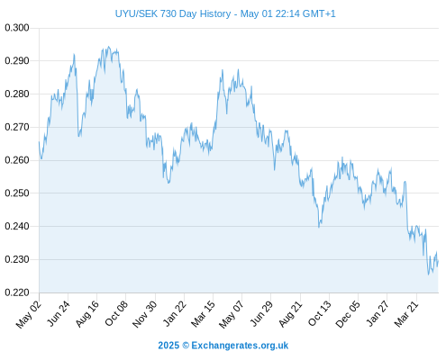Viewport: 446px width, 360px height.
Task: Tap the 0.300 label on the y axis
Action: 17,28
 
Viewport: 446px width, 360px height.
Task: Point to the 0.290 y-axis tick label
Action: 17,61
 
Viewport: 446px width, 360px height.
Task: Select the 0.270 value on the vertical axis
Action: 17,127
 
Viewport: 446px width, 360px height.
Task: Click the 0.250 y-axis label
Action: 17,193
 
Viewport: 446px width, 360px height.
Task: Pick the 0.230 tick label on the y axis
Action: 17,259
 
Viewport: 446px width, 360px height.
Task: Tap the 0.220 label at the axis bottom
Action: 17,292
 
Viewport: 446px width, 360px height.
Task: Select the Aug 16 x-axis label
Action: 86,313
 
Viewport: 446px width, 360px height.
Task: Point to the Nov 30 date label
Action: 144,314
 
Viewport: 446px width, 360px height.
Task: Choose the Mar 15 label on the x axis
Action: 203,313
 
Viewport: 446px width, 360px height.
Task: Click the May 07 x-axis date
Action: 232,314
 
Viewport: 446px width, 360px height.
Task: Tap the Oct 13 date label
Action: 320,313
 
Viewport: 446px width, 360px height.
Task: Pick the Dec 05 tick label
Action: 348,314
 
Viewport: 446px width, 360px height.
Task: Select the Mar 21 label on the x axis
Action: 406,313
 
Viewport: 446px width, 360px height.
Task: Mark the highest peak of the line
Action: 109,47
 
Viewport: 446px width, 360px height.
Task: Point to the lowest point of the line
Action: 429,274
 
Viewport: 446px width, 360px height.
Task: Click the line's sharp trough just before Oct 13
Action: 319,227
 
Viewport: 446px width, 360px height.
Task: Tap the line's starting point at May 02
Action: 39,141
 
